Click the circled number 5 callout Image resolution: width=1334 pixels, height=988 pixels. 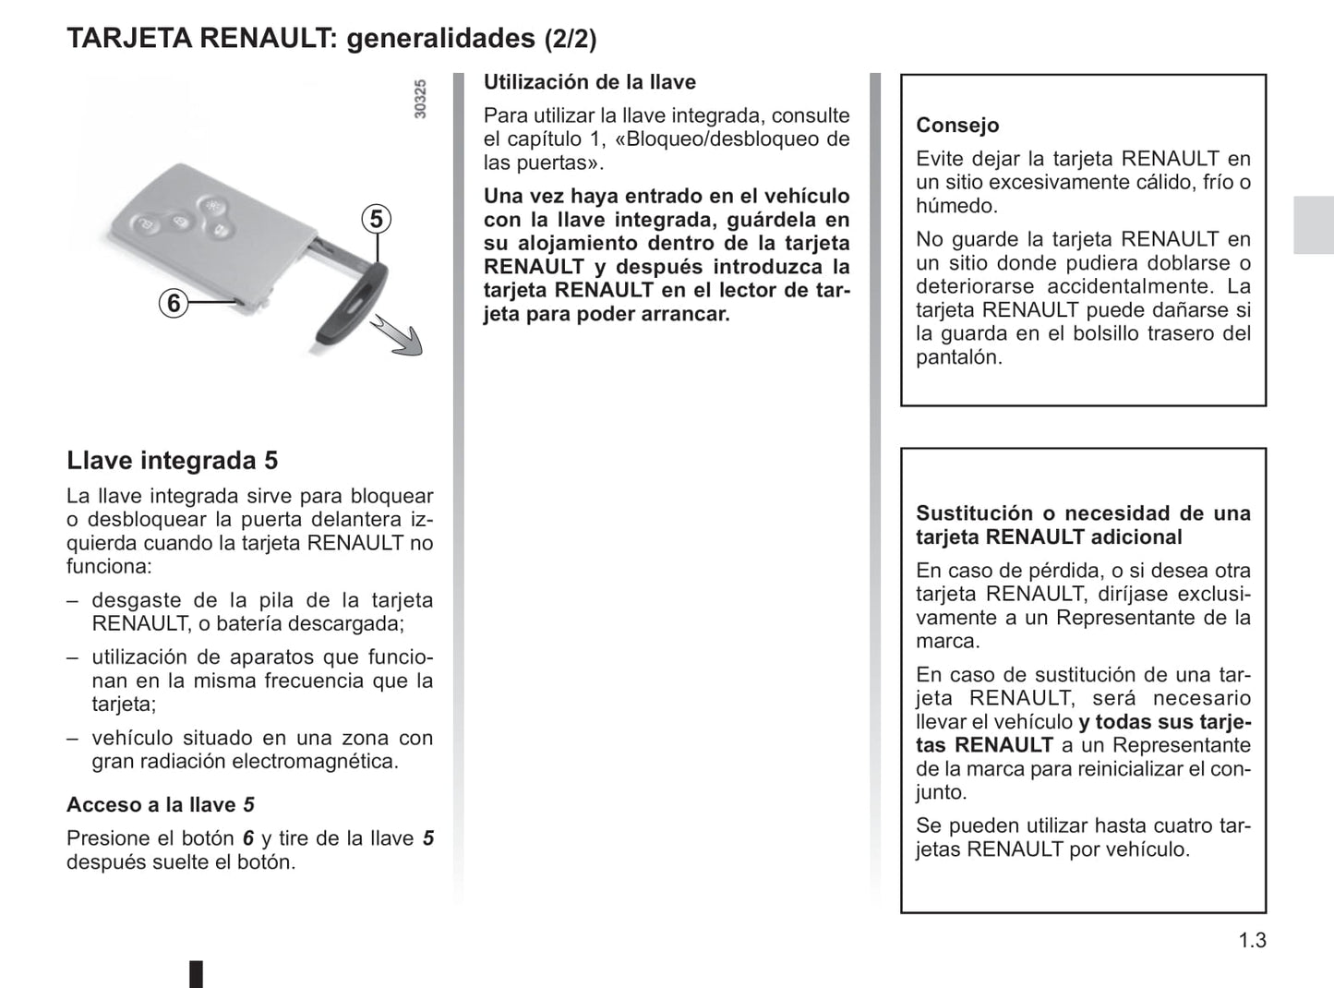[x=376, y=219]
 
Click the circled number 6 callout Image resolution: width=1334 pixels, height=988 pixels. [x=174, y=302]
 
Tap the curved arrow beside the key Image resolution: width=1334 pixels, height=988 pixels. [x=399, y=335]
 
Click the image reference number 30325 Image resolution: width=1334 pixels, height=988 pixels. [x=420, y=99]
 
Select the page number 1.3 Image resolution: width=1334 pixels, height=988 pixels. [x=1252, y=940]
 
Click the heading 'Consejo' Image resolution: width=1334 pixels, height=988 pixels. [x=957, y=125]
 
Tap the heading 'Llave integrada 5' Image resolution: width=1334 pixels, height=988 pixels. [x=172, y=460]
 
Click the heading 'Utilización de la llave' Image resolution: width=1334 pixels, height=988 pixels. [x=589, y=82]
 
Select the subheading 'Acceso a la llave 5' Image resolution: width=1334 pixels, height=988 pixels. [x=160, y=804]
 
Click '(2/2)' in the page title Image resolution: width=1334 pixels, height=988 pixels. [x=570, y=39]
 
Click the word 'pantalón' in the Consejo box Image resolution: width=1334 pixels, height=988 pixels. [x=956, y=357]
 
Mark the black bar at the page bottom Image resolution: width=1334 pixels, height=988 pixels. [x=196, y=974]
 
